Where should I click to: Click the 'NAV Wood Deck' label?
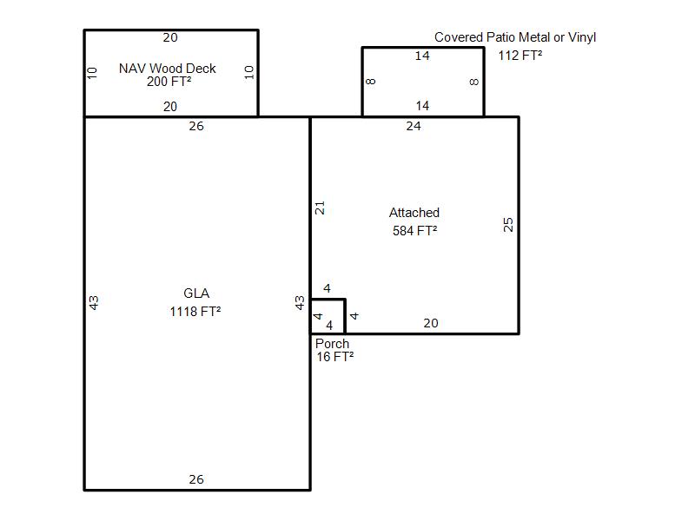point(167,69)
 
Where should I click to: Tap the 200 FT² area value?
point(169,82)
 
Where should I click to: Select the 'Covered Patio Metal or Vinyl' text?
point(515,37)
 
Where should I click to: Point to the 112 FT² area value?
point(520,56)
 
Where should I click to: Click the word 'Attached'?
point(414,213)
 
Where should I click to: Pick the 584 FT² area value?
point(414,231)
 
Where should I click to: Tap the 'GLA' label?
point(196,293)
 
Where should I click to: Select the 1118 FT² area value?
point(195,312)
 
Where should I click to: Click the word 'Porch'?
point(332,343)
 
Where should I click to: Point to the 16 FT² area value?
point(334,357)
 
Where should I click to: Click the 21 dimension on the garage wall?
point(320,208)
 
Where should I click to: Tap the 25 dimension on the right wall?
point(508,225)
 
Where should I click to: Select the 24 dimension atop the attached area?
point(414,126)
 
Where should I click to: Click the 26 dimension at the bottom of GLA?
point(196,479)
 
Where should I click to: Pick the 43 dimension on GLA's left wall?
point(94,303)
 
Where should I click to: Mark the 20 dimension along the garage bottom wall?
point(430,323)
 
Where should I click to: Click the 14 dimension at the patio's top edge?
point(422,56)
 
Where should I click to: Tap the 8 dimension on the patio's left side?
point(371,82)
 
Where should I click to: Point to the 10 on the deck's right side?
point(248,72)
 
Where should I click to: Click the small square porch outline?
point(345,316)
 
